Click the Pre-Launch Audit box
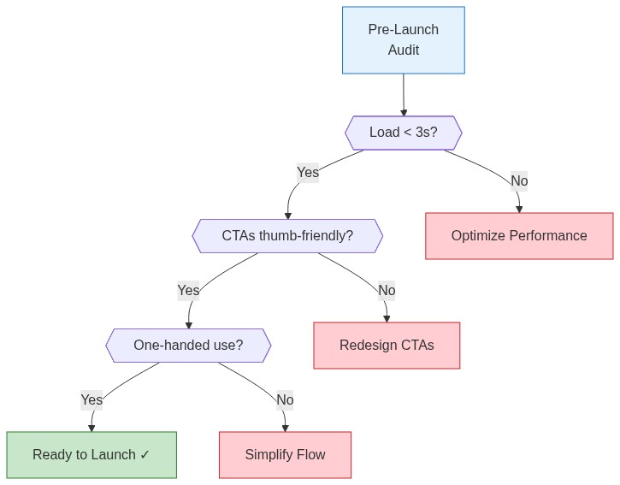click(403, 40)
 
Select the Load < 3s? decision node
click(403, 133)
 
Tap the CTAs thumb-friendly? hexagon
click(287, 236)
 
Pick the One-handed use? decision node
click(188, 346)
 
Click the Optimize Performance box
click(519, 236)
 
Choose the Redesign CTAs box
click(387, 346)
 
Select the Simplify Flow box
click(285, 455)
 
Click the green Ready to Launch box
click(92, 455)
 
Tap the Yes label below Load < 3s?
click(308, 173)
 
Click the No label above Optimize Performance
click(519, 181)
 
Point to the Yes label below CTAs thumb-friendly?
click(188, 291)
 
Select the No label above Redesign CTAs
click(387, 291)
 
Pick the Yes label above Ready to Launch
click(92, 400)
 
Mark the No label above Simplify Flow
click(285, 400)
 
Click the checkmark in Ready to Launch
click(145, 455)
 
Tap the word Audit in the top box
click(404, 50)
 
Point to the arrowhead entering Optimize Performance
click(519, 209)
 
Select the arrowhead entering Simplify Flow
click(285, 428)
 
